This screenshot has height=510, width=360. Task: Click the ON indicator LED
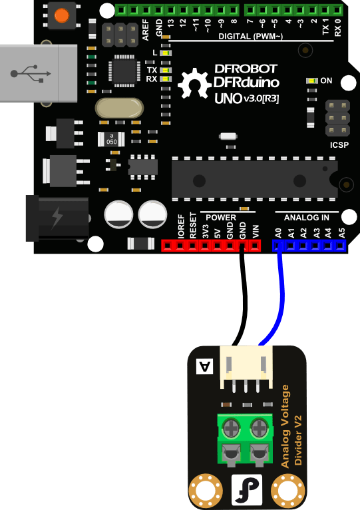(311, 81)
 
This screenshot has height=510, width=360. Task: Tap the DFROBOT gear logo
(193, 85)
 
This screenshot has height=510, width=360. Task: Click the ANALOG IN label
(306, 217)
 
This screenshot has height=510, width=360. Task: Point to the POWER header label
(220, 217)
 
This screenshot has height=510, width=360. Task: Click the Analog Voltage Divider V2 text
(293, 426)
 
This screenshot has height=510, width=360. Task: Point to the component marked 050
(112, 139)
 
